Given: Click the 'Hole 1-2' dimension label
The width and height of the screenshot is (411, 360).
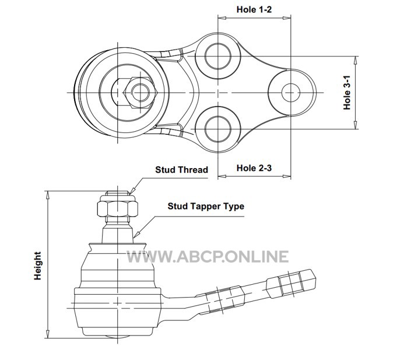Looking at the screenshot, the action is click(x=254, y=9).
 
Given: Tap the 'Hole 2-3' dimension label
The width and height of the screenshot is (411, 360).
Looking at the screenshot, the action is click(x=254, y=168).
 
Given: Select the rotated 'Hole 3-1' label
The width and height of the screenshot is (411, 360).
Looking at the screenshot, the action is click(x=347, y=93).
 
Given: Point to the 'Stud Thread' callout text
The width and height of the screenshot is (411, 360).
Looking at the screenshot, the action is click(x=182, y=170).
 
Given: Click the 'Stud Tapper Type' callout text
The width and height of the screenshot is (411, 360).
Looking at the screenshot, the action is click(x=206, y=206).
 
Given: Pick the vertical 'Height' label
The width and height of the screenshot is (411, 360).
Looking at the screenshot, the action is click(x=38, y=266).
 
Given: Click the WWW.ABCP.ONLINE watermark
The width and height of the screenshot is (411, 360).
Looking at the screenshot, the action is click(x=208, y=257).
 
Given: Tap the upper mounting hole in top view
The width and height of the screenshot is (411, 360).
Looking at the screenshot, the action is click(x=218, y=56).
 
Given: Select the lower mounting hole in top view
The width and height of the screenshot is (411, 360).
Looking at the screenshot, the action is click(x=218, y=130).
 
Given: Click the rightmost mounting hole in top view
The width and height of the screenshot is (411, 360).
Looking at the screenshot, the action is click(x=291, y=93).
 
